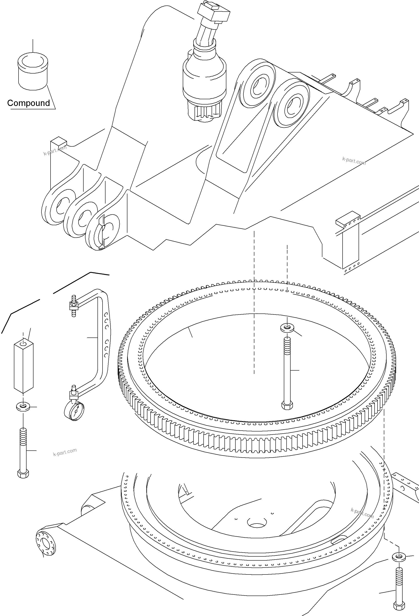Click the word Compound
pyautogui.click(x=28, y=103)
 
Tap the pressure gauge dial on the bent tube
pyautogui.click(x=74, y=411)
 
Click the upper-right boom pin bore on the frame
pyautogui.click(x=290, y=105)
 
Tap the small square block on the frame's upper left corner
pyautogui.click(x=58, y=141)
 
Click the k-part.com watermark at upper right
pyautogui.click(x=354, y=161)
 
